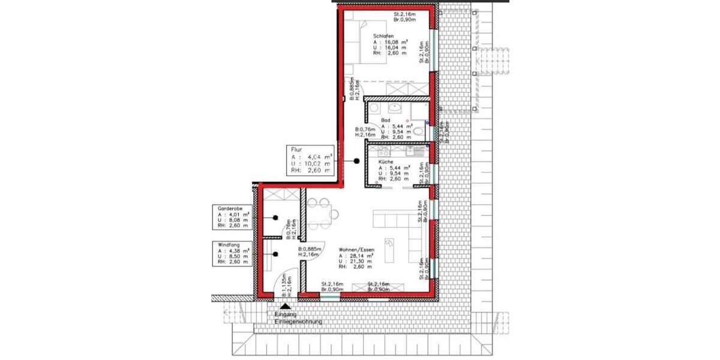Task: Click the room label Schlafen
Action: (x=383, y=36)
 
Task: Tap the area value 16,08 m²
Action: (x=394, y=43)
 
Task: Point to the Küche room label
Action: (x=385, y=162)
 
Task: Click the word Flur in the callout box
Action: (x=296, y=151)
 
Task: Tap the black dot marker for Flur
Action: (x=356, y=161)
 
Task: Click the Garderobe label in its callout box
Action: (x=229, y=208)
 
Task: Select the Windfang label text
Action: (x=228, y=244)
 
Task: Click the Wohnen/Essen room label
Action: (x=356, y=249)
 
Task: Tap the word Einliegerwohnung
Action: (x=298, y=322)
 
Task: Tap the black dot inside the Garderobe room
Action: (x=275, y=218)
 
